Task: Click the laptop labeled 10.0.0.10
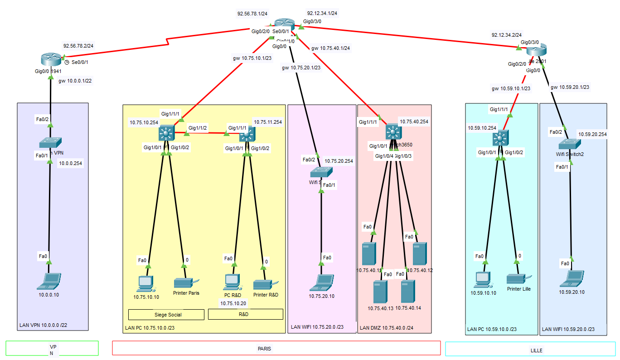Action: pyautogui.click(x=49, y=281)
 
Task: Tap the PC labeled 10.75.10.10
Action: pyautogui.click(x=145, y=283)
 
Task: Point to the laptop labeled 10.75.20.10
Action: pyautogui.click(x=322, y=282)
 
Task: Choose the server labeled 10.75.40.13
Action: pyautogui.click(x=380, y=292)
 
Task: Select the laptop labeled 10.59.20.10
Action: pyautogui.click(x=571, y=278)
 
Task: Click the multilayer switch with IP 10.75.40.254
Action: pyautogui.click(x=392, y=132)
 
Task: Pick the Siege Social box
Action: pyautogui.click(x=166, y=314)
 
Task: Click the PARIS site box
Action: pyautogui.click(x=276, y=348)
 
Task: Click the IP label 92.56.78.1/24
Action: pyautogui.click(x=252, y=14)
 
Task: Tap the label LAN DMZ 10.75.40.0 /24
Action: pyautogui.click(x=387, y=327)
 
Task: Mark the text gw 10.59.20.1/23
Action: pyautogui.click(x=572, y=87)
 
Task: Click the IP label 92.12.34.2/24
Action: pyautogui.click(x=506, y=34)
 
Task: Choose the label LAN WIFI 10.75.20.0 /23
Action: pyautogui.click(x=317, y=327)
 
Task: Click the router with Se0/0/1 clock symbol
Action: pyautogui.click(x=50, y=59)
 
